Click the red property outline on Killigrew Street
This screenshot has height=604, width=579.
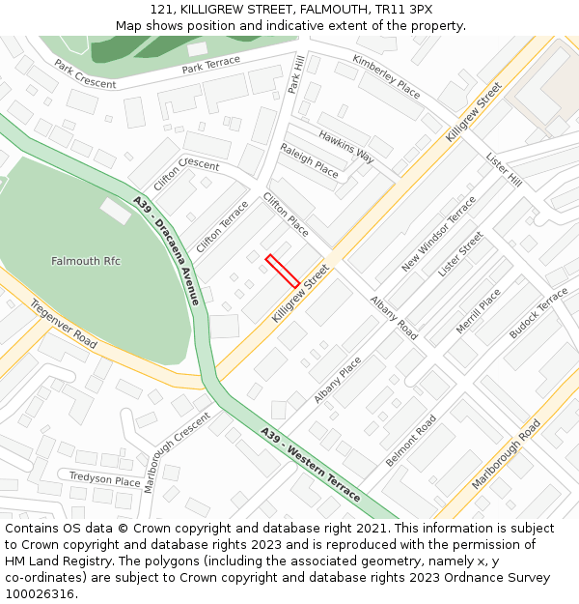(283, 271)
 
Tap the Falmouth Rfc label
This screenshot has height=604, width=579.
(86, 262)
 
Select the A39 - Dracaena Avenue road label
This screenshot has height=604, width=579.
(166, 250)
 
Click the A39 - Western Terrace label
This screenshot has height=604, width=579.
(310, 464)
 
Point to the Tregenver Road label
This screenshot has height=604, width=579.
(64, 324)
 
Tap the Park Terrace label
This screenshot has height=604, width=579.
(211, 65)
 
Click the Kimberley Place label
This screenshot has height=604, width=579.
(386, 76)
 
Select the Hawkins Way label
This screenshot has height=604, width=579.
(345, 146)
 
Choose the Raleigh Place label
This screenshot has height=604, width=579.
(309, 160)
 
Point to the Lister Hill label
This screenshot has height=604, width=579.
(504, 169)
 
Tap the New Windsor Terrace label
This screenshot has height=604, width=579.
(439, 233)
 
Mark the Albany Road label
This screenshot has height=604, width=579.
(395, 317)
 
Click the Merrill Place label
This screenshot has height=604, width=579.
(479, 311)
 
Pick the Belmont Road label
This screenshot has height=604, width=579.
(411, 441)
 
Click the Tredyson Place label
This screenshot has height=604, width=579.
(104, 479)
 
